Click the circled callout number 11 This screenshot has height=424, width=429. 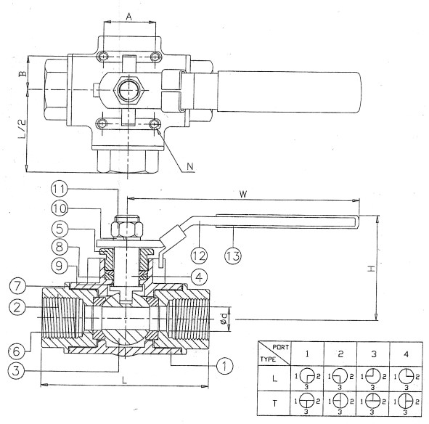point(60,189)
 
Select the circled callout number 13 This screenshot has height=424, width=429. point(233,256)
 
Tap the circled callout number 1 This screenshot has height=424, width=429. point(224,366)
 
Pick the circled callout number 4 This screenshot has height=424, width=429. point(199,277)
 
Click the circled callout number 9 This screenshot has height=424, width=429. point(60,266)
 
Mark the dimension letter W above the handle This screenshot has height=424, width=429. point(243,194)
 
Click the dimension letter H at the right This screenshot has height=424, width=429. point(371,269)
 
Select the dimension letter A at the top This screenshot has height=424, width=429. point(129,17)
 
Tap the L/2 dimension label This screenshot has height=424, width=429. point(23,129)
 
